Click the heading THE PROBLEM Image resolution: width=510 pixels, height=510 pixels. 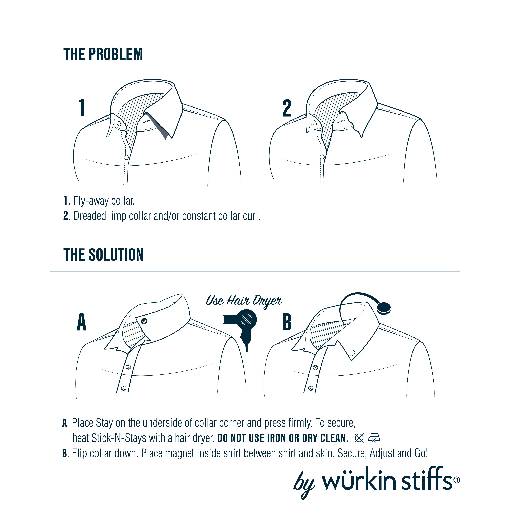[x=103, y=54]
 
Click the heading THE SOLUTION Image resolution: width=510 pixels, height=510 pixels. [x=104, y=255]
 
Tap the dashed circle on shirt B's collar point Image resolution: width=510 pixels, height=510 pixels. [x=352, y=352]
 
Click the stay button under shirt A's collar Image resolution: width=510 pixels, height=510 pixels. [x=144, y=321]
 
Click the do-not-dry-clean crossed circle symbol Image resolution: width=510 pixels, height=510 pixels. [x=359, y=438]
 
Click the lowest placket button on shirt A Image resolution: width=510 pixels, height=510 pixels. [x=123, y=388]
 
